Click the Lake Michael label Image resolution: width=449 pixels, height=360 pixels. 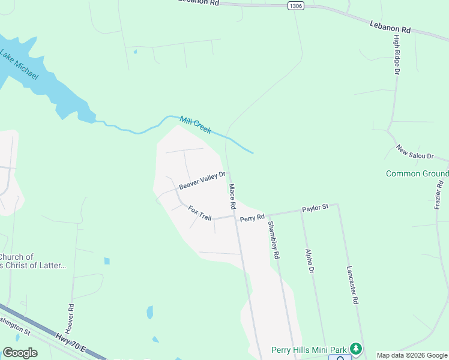pyautogui.click(x=19, y=65)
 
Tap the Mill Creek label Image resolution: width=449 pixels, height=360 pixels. pyautogui.click(x=196, y=125)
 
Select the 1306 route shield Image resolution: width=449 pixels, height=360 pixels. pyautogui.click(x=295, y=5)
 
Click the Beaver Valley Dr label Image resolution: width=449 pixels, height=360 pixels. pyautogui.click(x=202, y=181)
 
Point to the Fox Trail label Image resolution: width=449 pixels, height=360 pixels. pyautogui.click(x=200, y=212)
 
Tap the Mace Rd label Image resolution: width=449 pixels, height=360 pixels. pyautogui.click(x=232, y=197)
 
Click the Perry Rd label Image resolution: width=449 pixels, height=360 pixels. pyautogui.click(x=252, y=218)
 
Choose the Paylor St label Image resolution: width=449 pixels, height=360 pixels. pyautogui.click(x=315, y=208)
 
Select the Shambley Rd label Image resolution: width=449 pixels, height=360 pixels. pyautogui.click(x=274, y=240)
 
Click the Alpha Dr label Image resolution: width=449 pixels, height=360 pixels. pyautogui.click(x=310, y=262)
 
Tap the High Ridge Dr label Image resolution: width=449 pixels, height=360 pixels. pyautogui.click(x=397, y=55)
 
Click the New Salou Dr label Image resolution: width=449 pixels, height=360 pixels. pyautogui.click(x=415, y=152)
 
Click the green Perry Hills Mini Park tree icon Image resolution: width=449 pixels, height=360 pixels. pyautogui.click(x=356, y=349)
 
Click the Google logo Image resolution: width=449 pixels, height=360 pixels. pyautogui.click(x=20, y=353)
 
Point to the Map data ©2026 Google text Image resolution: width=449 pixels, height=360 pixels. pyautogui.click(x=411, y=355)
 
